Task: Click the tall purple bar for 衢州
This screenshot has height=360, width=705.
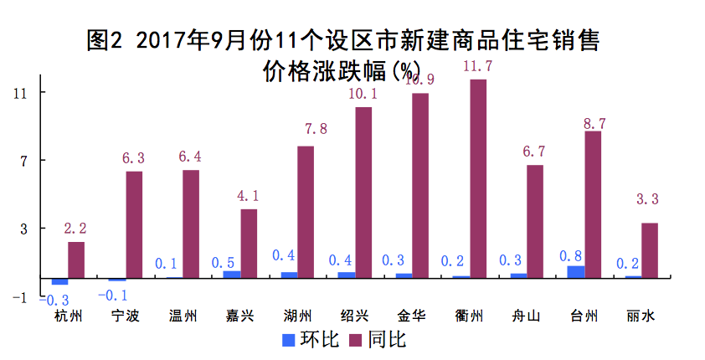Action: (x=478, y=178)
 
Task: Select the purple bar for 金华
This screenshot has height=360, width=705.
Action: (x=420, y=185)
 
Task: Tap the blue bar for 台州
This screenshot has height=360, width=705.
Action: (x=576, y=271)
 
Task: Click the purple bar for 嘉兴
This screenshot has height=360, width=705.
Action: (x=249, y=243)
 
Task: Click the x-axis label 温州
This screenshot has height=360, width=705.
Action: (x=182, y=316)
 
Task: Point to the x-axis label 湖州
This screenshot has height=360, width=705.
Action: (x=296, y=316)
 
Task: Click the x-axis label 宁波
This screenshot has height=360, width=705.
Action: (x=124, y=316)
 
